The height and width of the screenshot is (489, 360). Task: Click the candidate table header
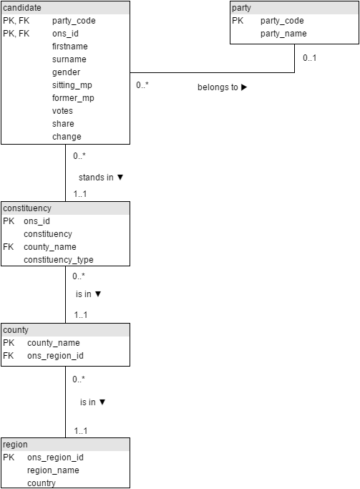click(x=21, y=8)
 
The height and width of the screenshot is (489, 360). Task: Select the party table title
click(x=241, y=8)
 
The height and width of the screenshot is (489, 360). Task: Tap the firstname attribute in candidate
click(x=70, y=47)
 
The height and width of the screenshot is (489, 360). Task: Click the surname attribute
click(x=69, y=59)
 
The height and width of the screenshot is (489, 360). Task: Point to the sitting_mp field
click(x=72, y=85)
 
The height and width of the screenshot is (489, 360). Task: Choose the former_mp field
click(x=73, y=98)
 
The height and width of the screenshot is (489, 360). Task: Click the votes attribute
click(x=62, y=111)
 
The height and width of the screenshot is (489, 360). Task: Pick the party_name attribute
click(x=283, y=34)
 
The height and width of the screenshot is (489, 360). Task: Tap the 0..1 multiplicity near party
click(x=309, y=58)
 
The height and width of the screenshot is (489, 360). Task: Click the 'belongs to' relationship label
click(x=218, y=87)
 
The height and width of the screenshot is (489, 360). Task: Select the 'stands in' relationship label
click(x=96, y=178)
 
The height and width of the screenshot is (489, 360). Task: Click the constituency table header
click(x=27, y=208)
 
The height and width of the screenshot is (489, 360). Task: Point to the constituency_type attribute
click(x=59, y=260)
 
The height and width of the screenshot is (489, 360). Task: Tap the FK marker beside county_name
click(x=9, y=247)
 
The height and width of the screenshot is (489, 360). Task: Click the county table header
click(x=16, y=330)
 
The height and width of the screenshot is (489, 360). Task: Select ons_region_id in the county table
click(x=56, y=356)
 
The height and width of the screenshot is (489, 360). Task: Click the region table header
click(x=15, y=445)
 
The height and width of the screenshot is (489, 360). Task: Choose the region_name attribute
click(x=53, y=470)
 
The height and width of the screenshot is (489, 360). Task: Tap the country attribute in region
click(x=42, y=483)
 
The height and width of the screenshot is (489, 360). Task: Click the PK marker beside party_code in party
click(x=238, y=21)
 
